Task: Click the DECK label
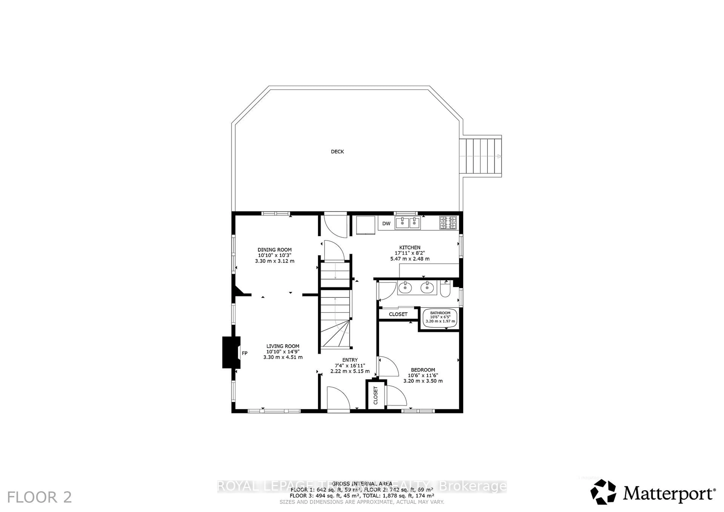337,152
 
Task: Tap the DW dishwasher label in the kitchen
386,224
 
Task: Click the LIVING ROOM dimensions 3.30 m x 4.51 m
283,357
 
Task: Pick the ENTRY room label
350,360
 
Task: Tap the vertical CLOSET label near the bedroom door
375,395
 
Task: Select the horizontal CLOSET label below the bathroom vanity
398,314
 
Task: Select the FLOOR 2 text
39,497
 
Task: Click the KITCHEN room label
410,248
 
